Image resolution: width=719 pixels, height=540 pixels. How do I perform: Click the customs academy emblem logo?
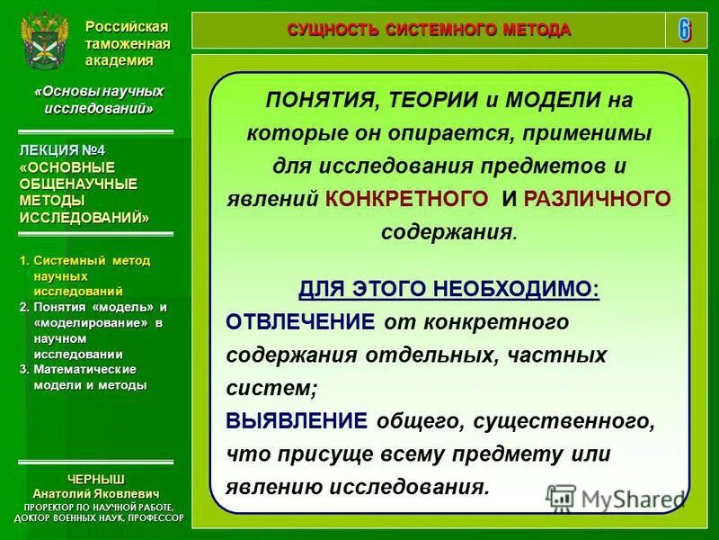coord(42,42)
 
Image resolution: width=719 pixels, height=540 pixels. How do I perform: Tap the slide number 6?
coord(685,30)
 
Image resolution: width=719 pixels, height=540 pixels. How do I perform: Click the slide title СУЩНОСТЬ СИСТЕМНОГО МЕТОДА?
coord(429,30)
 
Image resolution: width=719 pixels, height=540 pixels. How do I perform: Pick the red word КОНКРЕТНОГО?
coord(408,199)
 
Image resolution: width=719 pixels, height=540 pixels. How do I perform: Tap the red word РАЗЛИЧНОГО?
coord(597,199)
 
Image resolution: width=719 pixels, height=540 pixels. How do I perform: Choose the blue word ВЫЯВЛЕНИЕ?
coord(297,421)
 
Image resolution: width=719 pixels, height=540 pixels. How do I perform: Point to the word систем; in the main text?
coord(272,388)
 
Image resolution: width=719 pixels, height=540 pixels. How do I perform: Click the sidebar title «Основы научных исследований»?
coord(93,100)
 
